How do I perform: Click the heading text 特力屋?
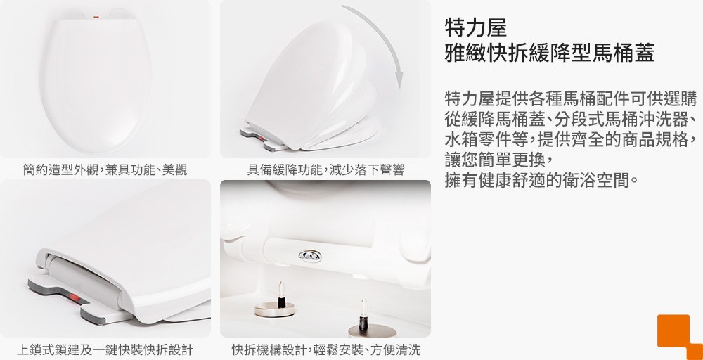[476, 27]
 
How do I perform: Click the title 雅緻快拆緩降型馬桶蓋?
[550, 53]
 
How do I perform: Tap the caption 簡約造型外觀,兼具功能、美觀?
[105, 170]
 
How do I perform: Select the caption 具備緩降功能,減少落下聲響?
[326, 170]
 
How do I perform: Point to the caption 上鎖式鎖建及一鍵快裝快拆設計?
[105, 349]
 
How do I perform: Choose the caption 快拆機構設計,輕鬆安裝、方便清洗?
[326, 349]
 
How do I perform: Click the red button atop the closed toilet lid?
[96, 18]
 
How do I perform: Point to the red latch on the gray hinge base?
[75, 297]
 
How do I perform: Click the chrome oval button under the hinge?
[310, 256]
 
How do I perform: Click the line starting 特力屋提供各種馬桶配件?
[571, 98]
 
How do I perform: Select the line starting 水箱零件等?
[571, 139]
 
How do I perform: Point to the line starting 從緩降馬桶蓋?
[571, 119]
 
